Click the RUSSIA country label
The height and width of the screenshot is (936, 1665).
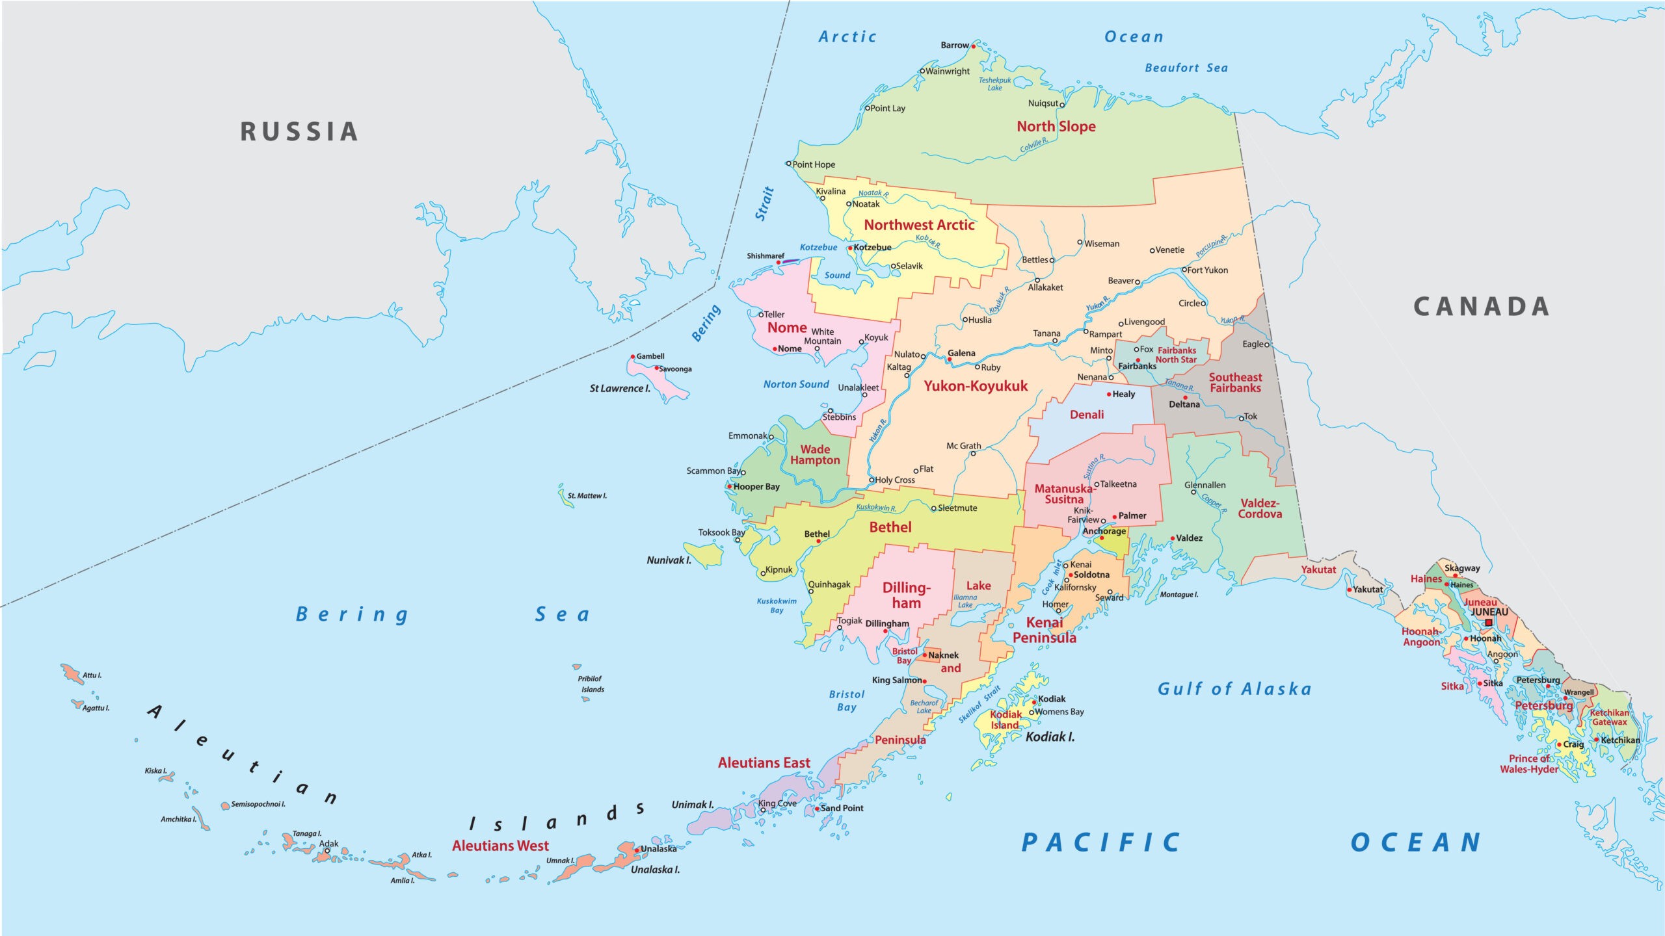pyautogui.click(x=299, y=131)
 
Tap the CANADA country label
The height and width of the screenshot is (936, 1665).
pyautogui.click(x=1481, y=307)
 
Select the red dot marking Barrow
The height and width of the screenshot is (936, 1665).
pyautogui.click(x=974, y=46)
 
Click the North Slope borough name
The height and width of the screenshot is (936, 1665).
pyautogui.click(x=1056, y=127)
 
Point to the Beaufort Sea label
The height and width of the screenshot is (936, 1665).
pyautogui.click(x=1186, y=68)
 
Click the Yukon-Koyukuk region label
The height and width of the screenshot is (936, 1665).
pyautogui.click(x=976, y=386)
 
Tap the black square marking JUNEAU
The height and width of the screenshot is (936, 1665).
pyautogui.click(x=1489, y=623)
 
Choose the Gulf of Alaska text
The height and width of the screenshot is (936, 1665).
pyautogui.click(x=1234, y=689)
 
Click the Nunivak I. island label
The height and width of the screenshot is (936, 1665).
pyautogui.click(x=668, y=560)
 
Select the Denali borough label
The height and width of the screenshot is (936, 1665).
pyautogui.click(x=1087, y=415)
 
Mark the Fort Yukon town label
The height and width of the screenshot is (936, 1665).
pyautogui.click(x=1208, y=270)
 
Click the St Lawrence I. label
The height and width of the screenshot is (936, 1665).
pyautogui.click(x=619, y=389)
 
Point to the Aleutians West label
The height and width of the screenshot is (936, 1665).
pyautogui.click(x=500, y=846)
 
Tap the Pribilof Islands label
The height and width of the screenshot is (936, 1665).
pyautogui.click(x=591, y=684)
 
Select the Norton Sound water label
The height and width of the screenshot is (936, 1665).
pyautogui.click(x=796, y=385)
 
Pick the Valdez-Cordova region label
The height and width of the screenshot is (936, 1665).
pyautogui.click(x=1260, y=508)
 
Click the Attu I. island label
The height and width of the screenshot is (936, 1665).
pyautogui.click(x=92, y=675)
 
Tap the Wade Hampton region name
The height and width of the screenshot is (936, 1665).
pyautogui.click(x=815, y=454)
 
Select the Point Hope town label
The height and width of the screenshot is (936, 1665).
pyautogui.click(x=813, y=164)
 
